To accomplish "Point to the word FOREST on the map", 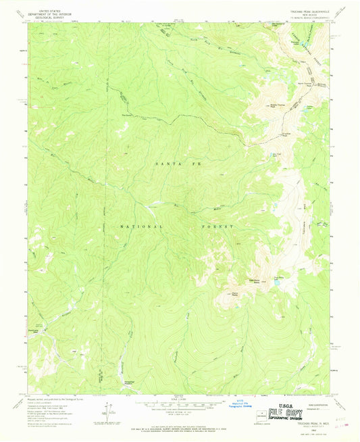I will [x=215, y=226].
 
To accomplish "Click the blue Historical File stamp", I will [x=238, y=404].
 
